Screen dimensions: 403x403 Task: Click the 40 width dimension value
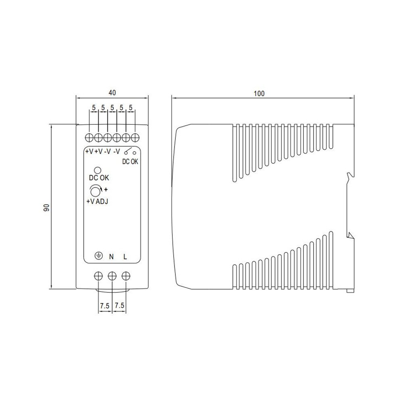pyautogui.click(x=112, y=93)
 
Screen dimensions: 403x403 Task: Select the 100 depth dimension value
pyautogui.click(x=259, y=93)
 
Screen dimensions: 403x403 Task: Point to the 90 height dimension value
pyautogui.click(x=46, y=208)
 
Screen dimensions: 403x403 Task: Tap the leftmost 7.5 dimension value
pyautogui.click(x=105, y=306)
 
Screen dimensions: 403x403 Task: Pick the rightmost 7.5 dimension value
pyautogui.click(x=120, y=305)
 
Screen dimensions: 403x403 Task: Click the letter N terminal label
pyautogui.click(x=111, y=256)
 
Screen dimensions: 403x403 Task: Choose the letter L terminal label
pyautogui.click(x=125, y=256)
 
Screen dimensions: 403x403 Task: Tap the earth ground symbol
pyautogui.click(x=98, y=256)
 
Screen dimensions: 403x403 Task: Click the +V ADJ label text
pyautogui.click(x=98, y=201)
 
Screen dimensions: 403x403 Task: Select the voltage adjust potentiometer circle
pyautogui.click(x=96, y=191)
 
